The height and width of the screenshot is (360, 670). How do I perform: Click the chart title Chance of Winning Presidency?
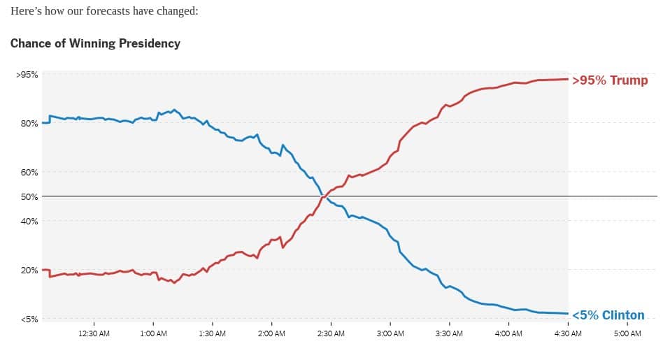(95, 43)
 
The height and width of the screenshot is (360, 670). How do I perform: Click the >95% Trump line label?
(610, 80)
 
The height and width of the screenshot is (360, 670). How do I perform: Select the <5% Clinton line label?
(608, 315)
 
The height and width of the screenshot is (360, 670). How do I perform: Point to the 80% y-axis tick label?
(29, 124)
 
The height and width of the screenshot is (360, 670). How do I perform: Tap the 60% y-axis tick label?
(29, 173)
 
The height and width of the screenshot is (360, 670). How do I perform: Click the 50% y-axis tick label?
(29, 197)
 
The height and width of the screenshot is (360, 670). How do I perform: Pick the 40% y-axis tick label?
(29, 222)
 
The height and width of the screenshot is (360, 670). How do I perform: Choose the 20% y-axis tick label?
(29, 271)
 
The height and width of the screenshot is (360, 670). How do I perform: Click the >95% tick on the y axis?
(27, 75)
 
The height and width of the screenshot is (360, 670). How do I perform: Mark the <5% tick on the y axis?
(29, 319)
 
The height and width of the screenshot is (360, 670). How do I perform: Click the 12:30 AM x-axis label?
(94, 334)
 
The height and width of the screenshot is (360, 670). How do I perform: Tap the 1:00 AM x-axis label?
(153, 334)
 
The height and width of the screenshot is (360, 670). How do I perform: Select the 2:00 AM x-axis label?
(271, 334)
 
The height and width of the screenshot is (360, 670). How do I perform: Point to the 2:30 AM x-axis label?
(331, 334)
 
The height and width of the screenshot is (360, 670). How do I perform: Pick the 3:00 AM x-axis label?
(390, 334)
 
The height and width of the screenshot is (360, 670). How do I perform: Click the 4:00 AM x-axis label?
(508, 334)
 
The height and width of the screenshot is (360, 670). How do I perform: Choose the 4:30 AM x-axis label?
(568, 334)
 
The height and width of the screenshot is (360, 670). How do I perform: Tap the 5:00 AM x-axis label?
(627, 334)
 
